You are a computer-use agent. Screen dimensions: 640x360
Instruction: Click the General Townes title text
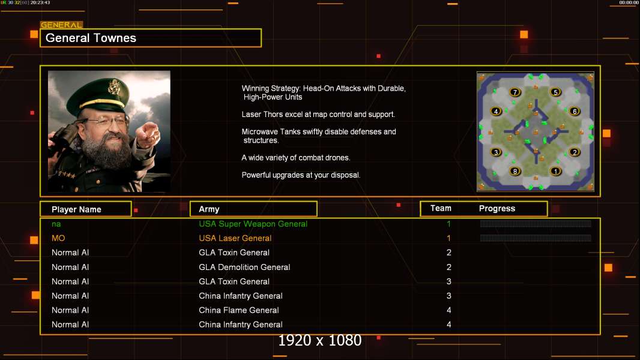[91, 38]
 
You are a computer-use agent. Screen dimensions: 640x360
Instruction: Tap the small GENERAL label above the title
[61, 25]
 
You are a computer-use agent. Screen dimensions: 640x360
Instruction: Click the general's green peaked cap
[98, 95]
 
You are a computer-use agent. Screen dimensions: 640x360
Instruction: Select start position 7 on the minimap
[515, 92]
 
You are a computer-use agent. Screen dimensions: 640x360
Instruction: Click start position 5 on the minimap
[555, 92]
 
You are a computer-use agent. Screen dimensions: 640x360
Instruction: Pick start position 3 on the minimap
[495, 152]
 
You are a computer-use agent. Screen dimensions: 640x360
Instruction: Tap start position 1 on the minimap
[555, 171]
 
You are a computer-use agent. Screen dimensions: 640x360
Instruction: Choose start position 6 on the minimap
[575, 112]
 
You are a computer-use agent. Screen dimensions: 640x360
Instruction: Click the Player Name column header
[76, 209]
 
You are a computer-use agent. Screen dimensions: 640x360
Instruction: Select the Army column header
[209, 209]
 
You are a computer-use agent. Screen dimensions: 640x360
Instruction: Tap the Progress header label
[497, 209]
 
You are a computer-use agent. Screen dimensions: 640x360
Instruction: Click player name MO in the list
[58, 238]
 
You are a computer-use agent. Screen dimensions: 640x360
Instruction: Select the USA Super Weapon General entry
[253, 224]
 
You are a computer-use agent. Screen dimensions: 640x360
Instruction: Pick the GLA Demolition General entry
[244, 267]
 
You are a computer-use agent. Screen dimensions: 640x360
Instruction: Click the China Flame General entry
[239, 310]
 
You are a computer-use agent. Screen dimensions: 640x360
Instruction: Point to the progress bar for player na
[536, 223]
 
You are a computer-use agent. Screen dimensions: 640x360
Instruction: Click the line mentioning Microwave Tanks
[319, 136]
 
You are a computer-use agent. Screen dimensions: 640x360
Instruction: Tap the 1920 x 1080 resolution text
[319, 340]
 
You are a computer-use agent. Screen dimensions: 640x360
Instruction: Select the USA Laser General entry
[235, 238]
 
